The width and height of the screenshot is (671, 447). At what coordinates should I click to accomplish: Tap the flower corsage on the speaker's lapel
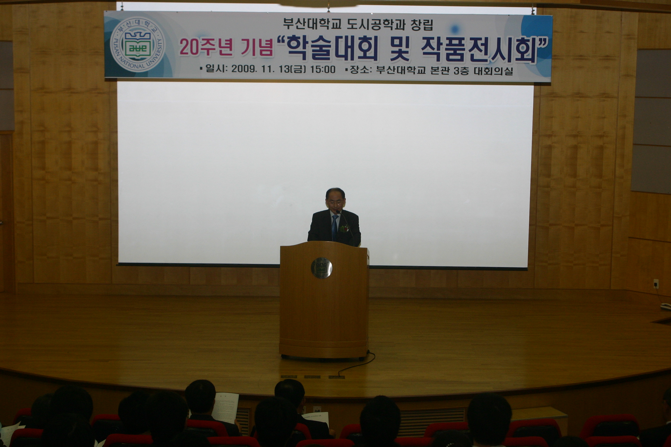pyautogui.click(x=345, y=228)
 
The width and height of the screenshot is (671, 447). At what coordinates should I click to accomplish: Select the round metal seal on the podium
pyautogui.click(x=322, y=268)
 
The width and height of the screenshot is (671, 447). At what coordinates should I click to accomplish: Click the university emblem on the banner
pyautogui.click(x=138, y=45)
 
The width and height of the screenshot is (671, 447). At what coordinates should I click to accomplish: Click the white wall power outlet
pyautogui.click(x=656, y=283)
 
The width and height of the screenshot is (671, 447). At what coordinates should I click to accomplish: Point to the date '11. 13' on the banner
pyautogui.click(x=274, y=69)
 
